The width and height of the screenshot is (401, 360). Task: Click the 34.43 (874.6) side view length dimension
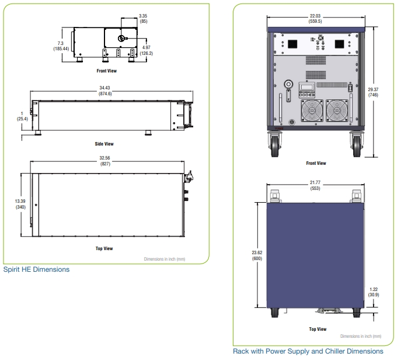(x=106, y=91)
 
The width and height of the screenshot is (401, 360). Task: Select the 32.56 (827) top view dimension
(x=105, y=161)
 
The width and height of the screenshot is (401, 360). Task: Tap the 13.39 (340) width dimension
(x=20, y=204)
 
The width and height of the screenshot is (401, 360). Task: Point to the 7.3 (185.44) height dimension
(x=61, y=46)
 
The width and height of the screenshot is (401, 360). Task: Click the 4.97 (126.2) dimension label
(x=147, y=50)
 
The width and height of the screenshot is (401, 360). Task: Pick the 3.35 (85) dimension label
(x=143, y=19)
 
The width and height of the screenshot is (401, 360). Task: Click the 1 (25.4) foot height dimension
(x=22, y=116)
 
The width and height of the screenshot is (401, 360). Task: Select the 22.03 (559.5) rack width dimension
(x=315, y=19)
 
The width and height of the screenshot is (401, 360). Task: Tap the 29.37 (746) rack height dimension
(x=373, y=92)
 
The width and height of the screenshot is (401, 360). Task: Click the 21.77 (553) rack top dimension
(x=315, y=185)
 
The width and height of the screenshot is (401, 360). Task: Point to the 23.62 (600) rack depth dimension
(x=257, y=255)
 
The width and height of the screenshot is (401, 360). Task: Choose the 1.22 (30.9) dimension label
(x=374, y=292)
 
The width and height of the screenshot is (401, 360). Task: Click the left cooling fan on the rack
(x=312, y=110)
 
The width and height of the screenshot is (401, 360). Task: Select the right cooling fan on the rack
(x=337, y=110)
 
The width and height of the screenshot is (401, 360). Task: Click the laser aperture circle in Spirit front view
(x=121, y=39)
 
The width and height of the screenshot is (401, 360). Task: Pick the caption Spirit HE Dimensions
(x=36, y=269)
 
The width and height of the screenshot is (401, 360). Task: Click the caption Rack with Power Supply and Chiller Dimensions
(x=308, y=351)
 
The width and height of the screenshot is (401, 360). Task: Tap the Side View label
(x=104, y=144)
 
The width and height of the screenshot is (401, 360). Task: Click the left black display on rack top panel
(x=292, y=44)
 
